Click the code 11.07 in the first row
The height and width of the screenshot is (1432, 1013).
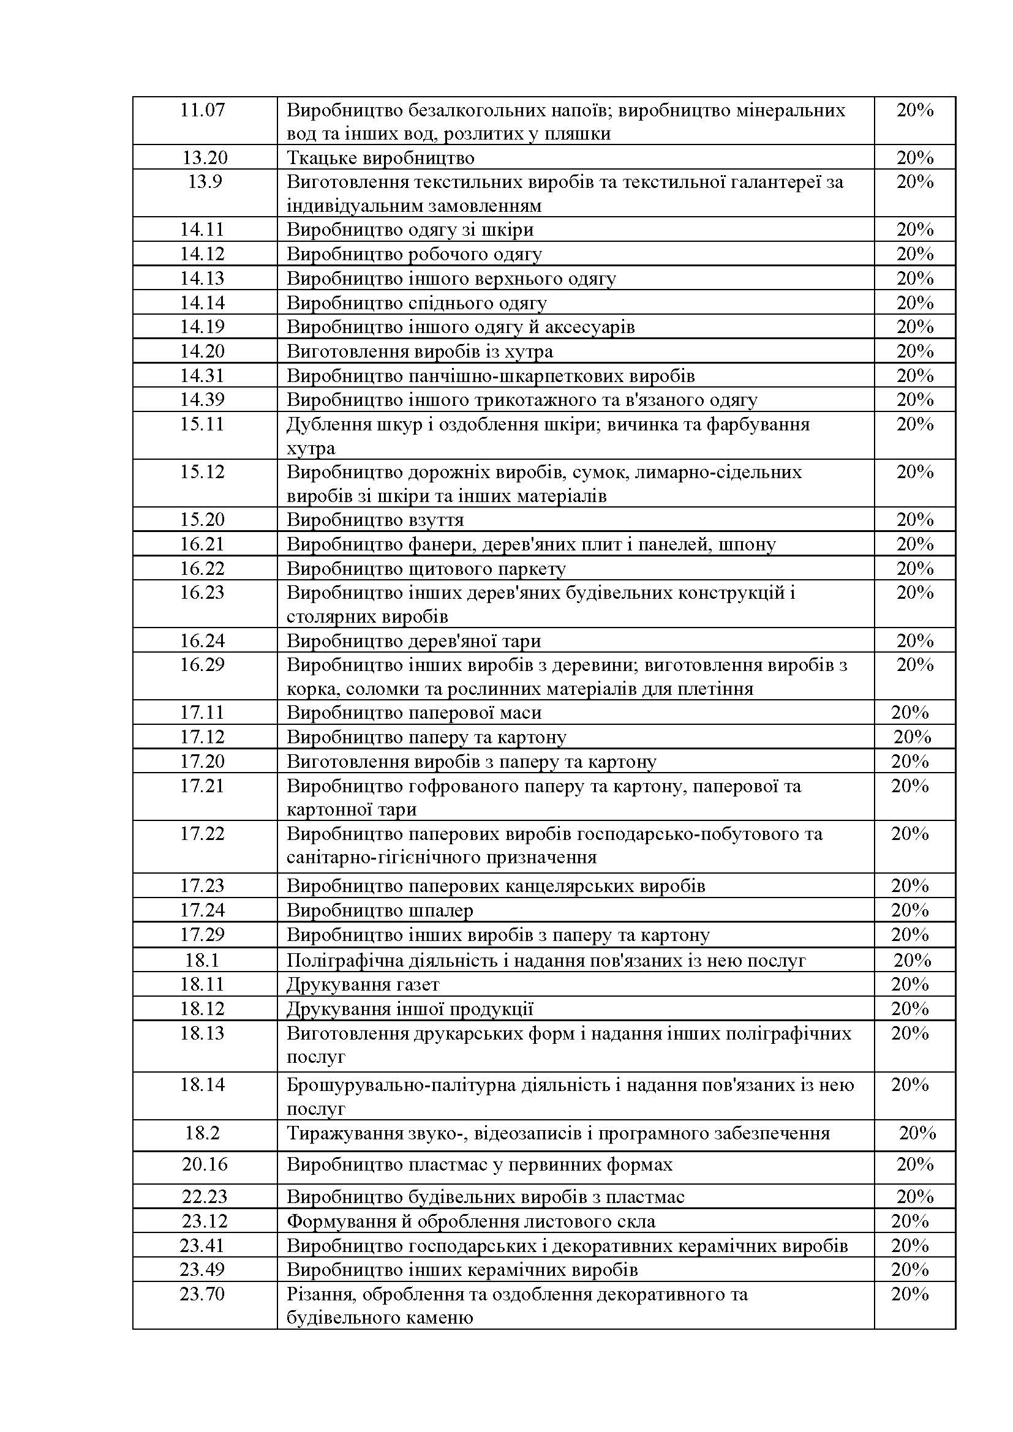pos(202,110)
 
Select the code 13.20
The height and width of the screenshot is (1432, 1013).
pos(205,158)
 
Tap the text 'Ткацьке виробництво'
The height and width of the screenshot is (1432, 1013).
pos(380,158)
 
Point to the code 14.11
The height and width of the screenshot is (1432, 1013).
pos(202,230)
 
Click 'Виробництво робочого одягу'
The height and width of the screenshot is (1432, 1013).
pos(413,254)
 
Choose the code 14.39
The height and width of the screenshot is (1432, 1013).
pos(202,399)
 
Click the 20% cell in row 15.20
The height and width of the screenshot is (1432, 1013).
pos(914,520)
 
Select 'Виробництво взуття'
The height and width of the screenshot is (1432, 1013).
pos(375,520)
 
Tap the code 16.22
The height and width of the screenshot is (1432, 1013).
pos(202,568)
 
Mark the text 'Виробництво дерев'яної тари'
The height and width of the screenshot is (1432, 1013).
pos(413,640)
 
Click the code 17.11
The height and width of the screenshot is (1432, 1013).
pos(202,712)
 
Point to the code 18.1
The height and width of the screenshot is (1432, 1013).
pos(202,960)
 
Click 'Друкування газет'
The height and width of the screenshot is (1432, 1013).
pos(363,984)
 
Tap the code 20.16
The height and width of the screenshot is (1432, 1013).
pos(205,1164)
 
